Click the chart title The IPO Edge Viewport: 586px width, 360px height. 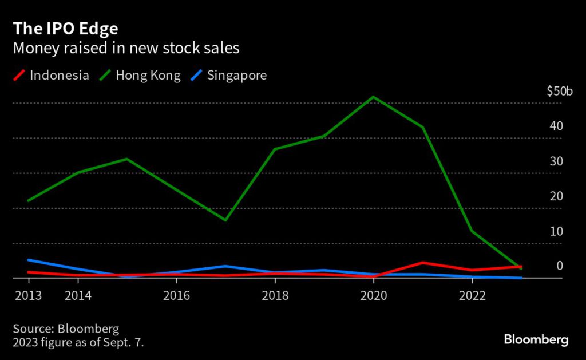[66, 28]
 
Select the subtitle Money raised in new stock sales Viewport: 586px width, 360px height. [126, 48]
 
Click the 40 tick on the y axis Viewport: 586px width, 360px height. [556, 126]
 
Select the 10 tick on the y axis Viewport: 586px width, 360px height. [556, 231]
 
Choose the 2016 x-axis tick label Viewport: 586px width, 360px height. [176, 295]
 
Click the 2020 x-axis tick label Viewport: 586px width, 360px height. [373, 295]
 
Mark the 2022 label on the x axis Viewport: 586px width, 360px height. [472, 295]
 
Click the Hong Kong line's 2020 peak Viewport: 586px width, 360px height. [373, 97]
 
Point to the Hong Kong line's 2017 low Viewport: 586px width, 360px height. [225, 220]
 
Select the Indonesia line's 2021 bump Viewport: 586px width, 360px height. [422, 263]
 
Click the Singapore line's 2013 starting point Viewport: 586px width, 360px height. [29, 260]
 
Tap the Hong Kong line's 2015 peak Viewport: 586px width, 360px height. [127, 159]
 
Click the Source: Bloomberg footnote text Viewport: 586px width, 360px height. [66, 329]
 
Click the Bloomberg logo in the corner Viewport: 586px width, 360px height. [536, 339]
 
